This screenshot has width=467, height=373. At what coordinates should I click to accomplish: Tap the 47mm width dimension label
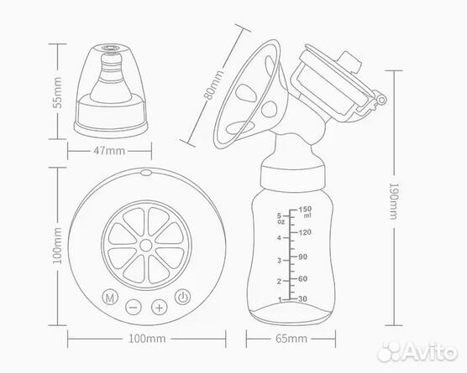coord(109,151)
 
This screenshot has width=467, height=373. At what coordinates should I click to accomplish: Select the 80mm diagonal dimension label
coord(213,85)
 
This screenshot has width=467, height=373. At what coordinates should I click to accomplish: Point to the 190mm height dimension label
coord(394,201)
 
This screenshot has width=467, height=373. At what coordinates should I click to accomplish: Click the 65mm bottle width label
coord(291,339)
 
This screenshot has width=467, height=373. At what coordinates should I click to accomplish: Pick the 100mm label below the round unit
coord(147,339)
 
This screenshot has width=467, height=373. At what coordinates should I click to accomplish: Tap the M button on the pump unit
coord(110,297)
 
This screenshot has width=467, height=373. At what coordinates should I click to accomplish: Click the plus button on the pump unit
coord(160,307)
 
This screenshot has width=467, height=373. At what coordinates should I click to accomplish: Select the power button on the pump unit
coord(182,297)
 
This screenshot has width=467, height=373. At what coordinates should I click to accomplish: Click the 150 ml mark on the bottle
coord(305,211)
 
